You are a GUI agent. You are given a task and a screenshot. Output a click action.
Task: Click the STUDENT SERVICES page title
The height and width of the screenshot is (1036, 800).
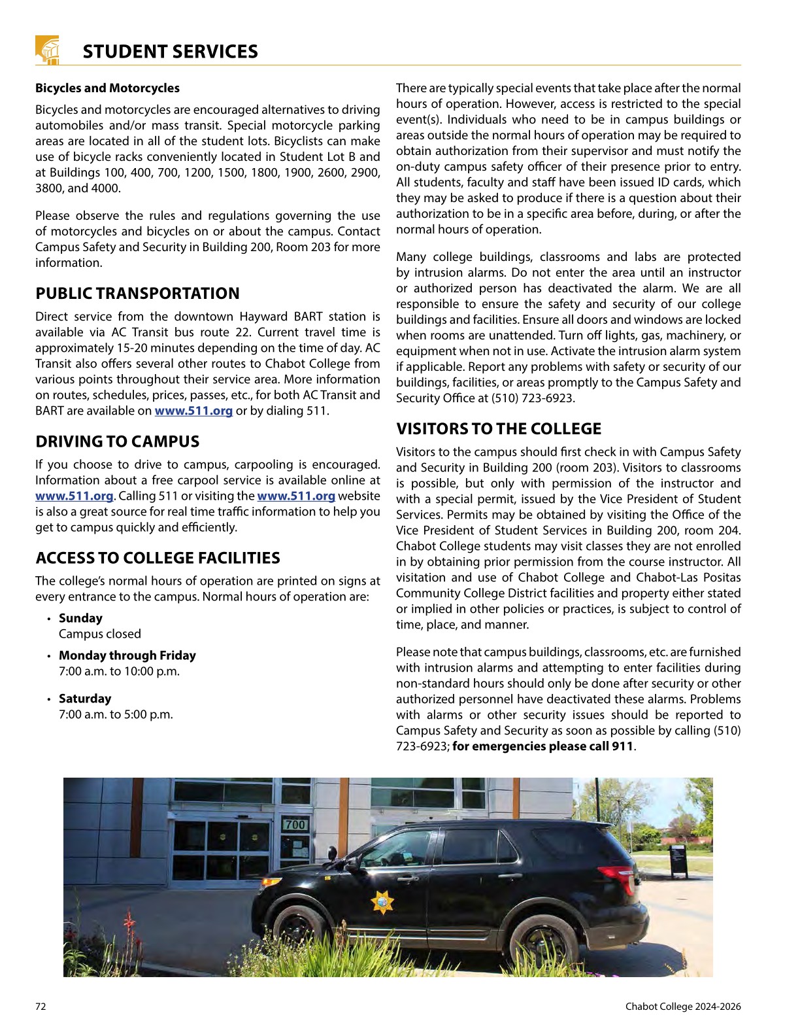pyautogui.click(x=170, y=52)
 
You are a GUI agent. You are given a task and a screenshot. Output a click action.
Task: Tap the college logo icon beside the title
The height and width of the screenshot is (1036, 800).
pyautogui.click(x=47, y=50)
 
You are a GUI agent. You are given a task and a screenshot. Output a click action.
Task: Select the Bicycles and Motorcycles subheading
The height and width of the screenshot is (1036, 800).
pyautogui.click(x=107, y=88)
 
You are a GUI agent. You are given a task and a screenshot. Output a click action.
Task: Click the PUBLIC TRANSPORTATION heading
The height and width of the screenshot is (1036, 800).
pyautogui.click(x=137, y=294)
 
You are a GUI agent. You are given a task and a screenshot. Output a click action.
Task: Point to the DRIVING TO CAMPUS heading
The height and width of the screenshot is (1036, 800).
pyautogui.click(x=117, y=441)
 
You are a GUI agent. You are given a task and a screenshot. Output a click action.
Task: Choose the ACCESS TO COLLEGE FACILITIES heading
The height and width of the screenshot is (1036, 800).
pyautogui.click(x=158, y=558)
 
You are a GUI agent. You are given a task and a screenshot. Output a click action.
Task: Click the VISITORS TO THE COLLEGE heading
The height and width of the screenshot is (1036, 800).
pyautogui.click(x=498, y=429)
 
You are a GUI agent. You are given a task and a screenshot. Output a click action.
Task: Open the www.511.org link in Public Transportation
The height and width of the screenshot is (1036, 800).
pyautogui.click(x=193, y=411)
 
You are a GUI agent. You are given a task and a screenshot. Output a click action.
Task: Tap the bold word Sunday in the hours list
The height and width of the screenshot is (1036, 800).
pyautogui.click(x=80, y=618)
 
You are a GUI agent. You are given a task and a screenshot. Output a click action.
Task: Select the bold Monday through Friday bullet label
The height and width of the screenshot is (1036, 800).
pyautogui.click(x=127, y=655)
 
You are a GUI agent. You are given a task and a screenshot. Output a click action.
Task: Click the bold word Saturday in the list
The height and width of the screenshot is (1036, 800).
pyautogui.click(x=85, y=699)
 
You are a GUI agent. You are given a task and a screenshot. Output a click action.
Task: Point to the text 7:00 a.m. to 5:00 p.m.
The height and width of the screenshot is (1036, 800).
pyautogui.click(x=116, y=714)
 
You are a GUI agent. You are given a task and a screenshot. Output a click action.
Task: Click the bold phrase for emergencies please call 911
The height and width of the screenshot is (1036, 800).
pyautogui.click(x=542, y=746)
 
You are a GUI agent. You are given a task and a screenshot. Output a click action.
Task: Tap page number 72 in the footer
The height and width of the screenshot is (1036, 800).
pyautogui.click(x=41, y=1007)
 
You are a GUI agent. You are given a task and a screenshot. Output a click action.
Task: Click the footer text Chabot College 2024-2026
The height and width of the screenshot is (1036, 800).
pyautogui.click(x=682, y=1007)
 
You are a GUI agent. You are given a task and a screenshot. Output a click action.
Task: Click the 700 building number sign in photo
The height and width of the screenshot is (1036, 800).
pyautogui.click(x=295, y=825)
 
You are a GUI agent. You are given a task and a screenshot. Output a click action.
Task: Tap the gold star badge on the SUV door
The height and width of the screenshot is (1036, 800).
pyautogui.click(x=382, y=902)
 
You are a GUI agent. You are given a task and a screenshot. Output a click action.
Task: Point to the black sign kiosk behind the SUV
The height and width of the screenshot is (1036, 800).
pyautogui.click(x=678, y=861)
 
